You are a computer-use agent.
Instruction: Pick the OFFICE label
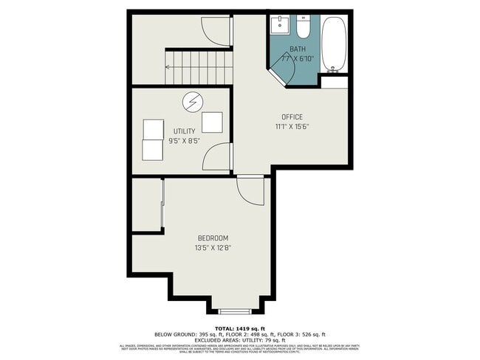click(x=292, y=117)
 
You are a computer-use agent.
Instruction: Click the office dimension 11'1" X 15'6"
click(x=292, y=127)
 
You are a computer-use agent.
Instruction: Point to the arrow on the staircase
click(x=168, y=67)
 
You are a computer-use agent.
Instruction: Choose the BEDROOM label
click(x=213, y=238)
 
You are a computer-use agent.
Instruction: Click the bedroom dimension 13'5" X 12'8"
click(x=213, y=248)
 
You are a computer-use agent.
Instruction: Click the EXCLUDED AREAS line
click(x=240, y=339)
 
